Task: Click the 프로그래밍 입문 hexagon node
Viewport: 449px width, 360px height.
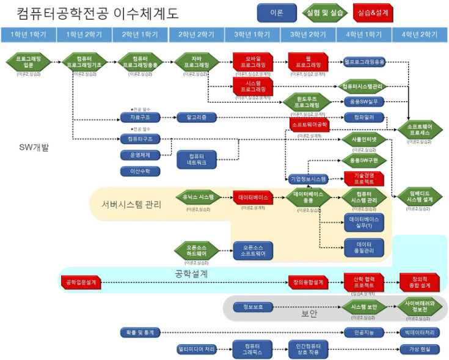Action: coord(28,62)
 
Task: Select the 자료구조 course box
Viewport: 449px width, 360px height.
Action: coord(141,117)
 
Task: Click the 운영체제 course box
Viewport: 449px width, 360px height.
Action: coord(141,155)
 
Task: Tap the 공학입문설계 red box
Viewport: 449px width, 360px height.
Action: coord(81,282)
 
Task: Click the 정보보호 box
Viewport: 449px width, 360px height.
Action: coord(252,306)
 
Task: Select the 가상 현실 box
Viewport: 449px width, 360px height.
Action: coord(420,349)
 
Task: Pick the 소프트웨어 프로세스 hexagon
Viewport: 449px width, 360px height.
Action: coord(420,128)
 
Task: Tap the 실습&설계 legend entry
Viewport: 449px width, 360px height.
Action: coord(373,12)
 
